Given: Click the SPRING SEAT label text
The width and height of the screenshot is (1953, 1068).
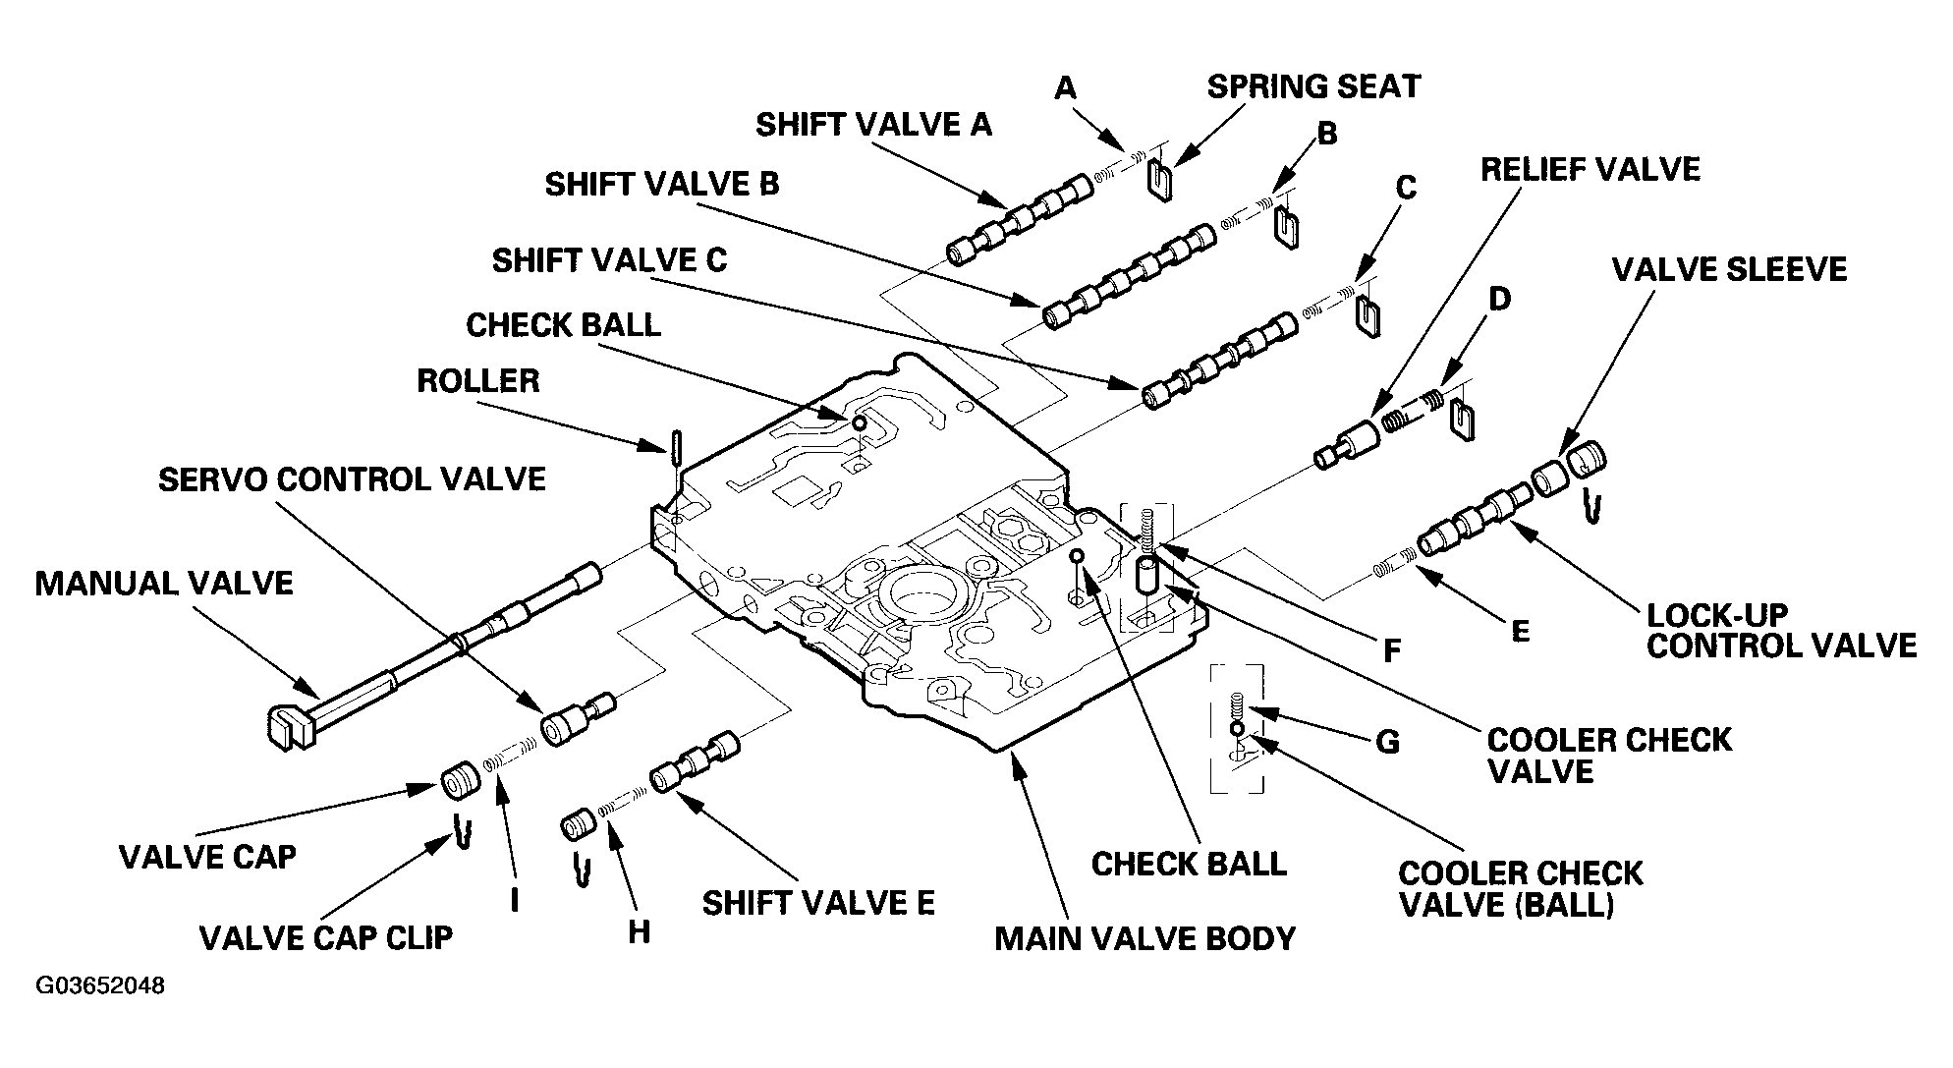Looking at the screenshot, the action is pos(1313,86).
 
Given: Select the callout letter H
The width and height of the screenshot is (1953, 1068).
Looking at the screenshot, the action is pos(639,931).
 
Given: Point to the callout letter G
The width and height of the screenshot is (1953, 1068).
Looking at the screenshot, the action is pos(1387,741).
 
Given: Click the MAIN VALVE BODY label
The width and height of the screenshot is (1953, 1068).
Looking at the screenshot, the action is pos(1145,938).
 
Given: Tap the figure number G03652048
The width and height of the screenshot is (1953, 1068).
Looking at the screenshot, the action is pos(100,985).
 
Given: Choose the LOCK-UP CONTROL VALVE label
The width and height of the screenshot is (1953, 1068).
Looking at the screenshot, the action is pos(1781,631).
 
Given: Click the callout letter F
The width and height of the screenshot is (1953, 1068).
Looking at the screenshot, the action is pos(1391,650).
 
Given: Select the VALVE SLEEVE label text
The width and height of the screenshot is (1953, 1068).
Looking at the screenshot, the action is pos(1729,269).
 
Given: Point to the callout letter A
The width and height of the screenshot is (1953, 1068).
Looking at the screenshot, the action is pos(1065,89).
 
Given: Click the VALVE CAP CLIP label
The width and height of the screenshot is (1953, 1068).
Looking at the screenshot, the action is pos(326,937).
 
